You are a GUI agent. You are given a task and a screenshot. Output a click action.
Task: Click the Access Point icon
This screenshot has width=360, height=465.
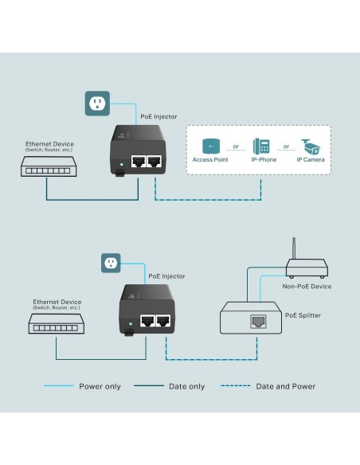click(211, 146)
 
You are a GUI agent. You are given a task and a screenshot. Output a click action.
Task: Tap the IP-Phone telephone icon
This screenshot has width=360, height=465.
click(261, 147)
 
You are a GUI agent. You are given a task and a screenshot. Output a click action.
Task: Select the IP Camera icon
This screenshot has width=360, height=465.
click(310, 147)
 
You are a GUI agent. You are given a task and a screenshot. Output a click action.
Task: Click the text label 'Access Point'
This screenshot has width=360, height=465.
click(211, 160)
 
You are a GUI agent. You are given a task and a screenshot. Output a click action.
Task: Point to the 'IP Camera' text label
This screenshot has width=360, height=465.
click(310, 160)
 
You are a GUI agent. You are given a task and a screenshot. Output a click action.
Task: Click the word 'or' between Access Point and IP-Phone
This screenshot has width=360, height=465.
click(236, 147)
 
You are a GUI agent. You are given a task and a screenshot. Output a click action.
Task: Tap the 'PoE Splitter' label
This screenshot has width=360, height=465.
click(303, 315)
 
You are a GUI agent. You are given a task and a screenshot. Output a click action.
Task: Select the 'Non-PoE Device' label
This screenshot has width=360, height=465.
click(307, 286)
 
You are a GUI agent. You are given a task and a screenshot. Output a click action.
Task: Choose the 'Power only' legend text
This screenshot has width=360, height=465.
click(100, 386)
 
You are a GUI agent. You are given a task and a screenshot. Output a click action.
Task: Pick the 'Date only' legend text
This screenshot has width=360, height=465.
click(186, 386)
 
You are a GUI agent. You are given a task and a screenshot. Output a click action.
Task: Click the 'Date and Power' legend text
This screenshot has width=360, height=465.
click(285, 386)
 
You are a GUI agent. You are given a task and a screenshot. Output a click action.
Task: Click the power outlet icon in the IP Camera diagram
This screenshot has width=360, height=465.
click(96, 103)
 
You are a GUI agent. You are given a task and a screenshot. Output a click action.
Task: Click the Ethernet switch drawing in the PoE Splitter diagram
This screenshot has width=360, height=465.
click(57, 323)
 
